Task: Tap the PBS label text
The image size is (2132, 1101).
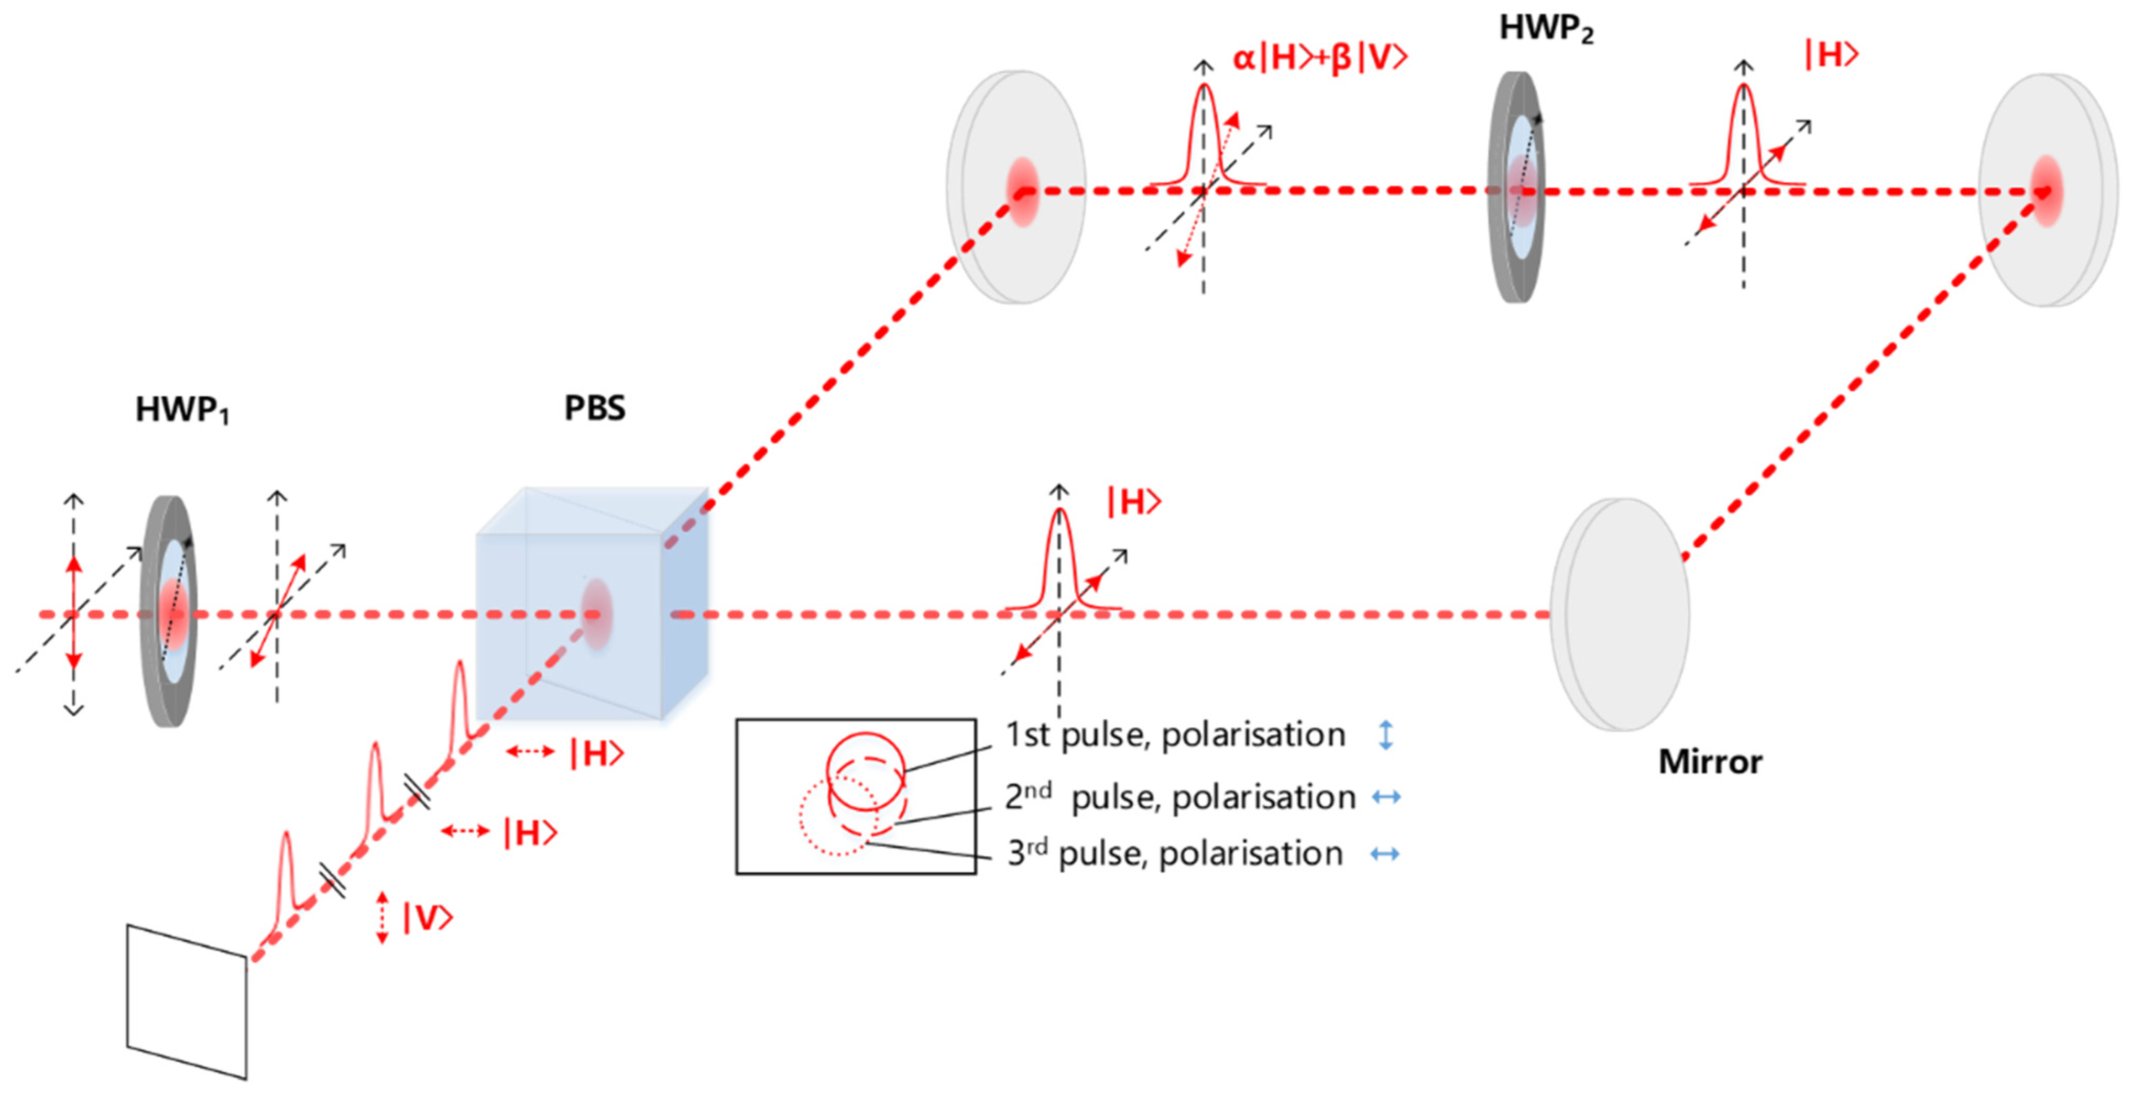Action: point(594,408)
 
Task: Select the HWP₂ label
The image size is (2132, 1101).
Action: point(1545,29)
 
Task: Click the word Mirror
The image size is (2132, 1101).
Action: point(1710,761)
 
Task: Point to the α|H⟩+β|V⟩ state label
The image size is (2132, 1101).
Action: point(1319,58)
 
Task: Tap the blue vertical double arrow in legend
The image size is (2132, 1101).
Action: point(1385,735)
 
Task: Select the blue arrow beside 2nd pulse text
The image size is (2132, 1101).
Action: point(1385,797)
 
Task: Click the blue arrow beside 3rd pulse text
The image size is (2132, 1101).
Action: point(1385,854)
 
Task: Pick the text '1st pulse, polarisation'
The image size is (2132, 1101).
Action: point(1174,735)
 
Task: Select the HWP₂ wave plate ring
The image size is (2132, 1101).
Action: point(1516,186)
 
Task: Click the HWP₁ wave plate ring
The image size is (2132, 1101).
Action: point(170,612)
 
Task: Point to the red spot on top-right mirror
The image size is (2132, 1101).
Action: point(2047,191)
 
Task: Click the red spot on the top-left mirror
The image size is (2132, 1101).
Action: point(1022,191)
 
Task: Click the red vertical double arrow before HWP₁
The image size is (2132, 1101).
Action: point(74,613)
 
